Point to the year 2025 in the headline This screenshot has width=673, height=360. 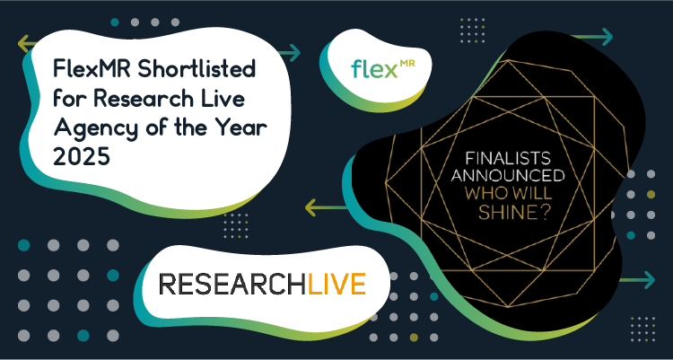pyautogui.click(x=82, y=158)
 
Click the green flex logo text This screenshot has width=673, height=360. pyautogui.click(x=372, y=69)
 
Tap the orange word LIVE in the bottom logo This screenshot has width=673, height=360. pyautogui.click(x=336, y=284)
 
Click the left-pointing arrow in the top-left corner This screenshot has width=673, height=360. pyautogui.click(x=28, y=44)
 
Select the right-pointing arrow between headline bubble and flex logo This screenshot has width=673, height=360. pyautogui.click(x=289, y=53)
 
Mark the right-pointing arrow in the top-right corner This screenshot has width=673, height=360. pyautogui.click(x=593, y=37)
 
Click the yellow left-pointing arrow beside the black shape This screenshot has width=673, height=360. pyautogui.click(x=327, y=207)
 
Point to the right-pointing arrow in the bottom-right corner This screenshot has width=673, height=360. pyautogui.click(x=637, y=280)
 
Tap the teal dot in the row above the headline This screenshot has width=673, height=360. pyautogui.click(x=115, y=22)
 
